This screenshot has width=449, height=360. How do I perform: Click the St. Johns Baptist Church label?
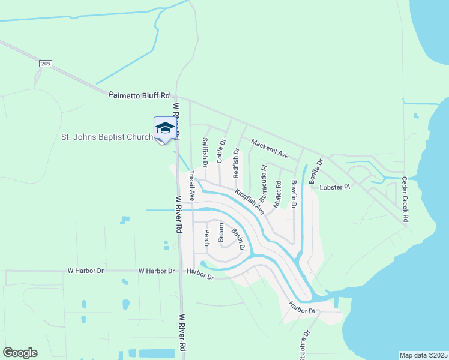pos(107,137)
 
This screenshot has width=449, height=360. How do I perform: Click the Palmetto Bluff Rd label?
pos(139,95)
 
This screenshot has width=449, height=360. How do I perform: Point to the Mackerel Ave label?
pos(270,149)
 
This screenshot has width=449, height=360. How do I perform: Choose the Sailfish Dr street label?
pos(205,152)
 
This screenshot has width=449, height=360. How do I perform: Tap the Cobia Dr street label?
pos(220,151)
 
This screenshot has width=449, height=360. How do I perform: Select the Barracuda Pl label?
pos(263,184)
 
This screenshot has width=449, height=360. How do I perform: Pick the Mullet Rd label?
pos(277,194)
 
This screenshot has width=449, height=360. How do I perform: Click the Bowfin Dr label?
pos(294,194)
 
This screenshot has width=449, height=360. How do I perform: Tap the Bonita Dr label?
pos(316,171)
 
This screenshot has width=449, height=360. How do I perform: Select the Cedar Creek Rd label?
pos(405,200)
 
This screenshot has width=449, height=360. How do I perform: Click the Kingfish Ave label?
pos(250,202)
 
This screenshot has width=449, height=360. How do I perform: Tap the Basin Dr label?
pos(238,239)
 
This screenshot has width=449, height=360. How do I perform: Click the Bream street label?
pos(221,232)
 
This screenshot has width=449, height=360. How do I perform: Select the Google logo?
pos(20,353)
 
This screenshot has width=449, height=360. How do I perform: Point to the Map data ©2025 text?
pos(423,355)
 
